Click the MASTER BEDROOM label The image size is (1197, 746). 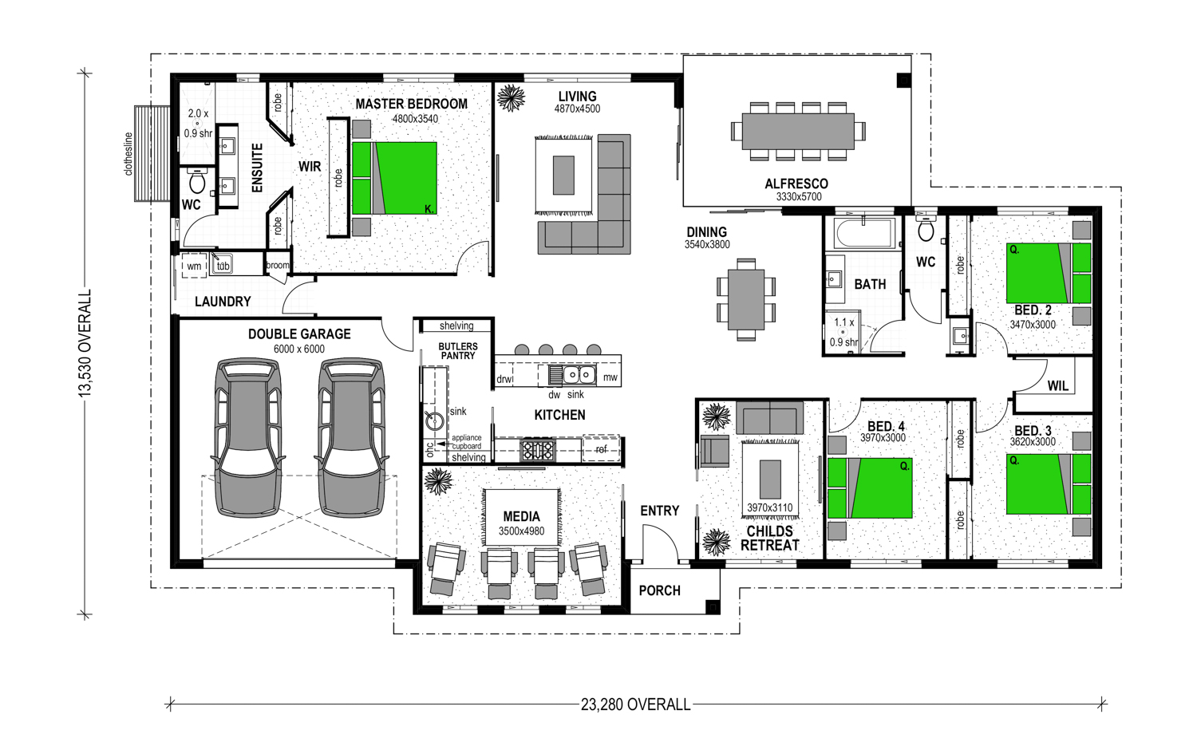click(412, 104)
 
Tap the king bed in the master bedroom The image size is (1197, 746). click(394, 178)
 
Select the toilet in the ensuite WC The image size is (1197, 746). click(197, 180)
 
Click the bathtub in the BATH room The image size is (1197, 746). click(864, 233)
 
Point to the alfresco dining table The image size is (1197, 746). click(798, 131)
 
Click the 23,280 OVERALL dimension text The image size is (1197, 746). click(635, 705)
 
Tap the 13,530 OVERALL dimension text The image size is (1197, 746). click(85, 343)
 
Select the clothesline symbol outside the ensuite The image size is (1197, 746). click(152, 153)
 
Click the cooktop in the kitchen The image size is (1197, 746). click(538, 449)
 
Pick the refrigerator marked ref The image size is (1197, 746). click(601, 449)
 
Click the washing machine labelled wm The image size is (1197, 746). click(194, 266)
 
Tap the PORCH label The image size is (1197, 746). click(659, 590)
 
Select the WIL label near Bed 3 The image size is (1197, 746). click(1057, 386)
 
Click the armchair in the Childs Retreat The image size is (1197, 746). click(715, 450)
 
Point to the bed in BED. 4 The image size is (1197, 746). click(870, 488)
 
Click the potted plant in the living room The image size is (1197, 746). click(511, 98)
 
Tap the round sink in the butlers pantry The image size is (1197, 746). click(434, 420)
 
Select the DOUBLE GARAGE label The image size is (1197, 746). click(299, 334)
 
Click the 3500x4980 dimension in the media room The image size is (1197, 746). click(522, 531)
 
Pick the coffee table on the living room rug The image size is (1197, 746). click(563, 176)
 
